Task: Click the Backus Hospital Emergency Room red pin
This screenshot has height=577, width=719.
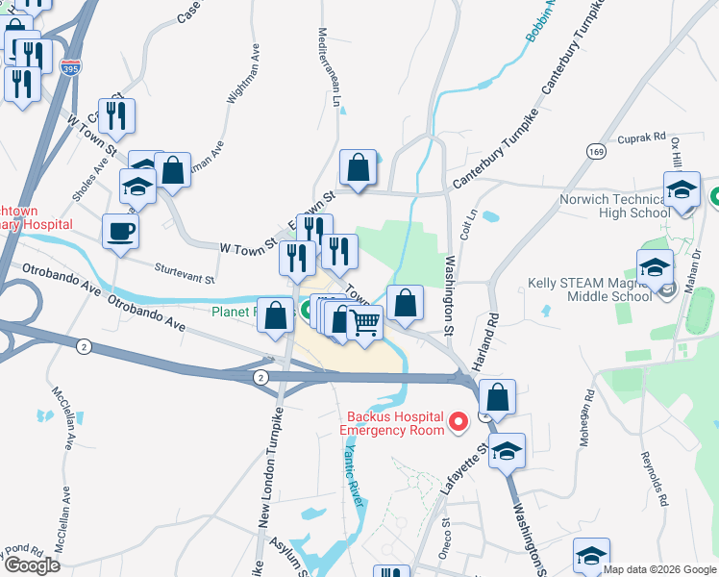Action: (459, 420)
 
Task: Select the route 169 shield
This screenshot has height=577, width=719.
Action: (597, 151)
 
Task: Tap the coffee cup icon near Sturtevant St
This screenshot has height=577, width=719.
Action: (121, 232)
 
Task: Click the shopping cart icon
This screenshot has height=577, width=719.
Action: (365, 323)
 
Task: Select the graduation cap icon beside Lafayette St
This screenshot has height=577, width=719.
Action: (507, 450)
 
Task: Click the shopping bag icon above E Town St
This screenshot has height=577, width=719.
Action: (358, 167)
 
